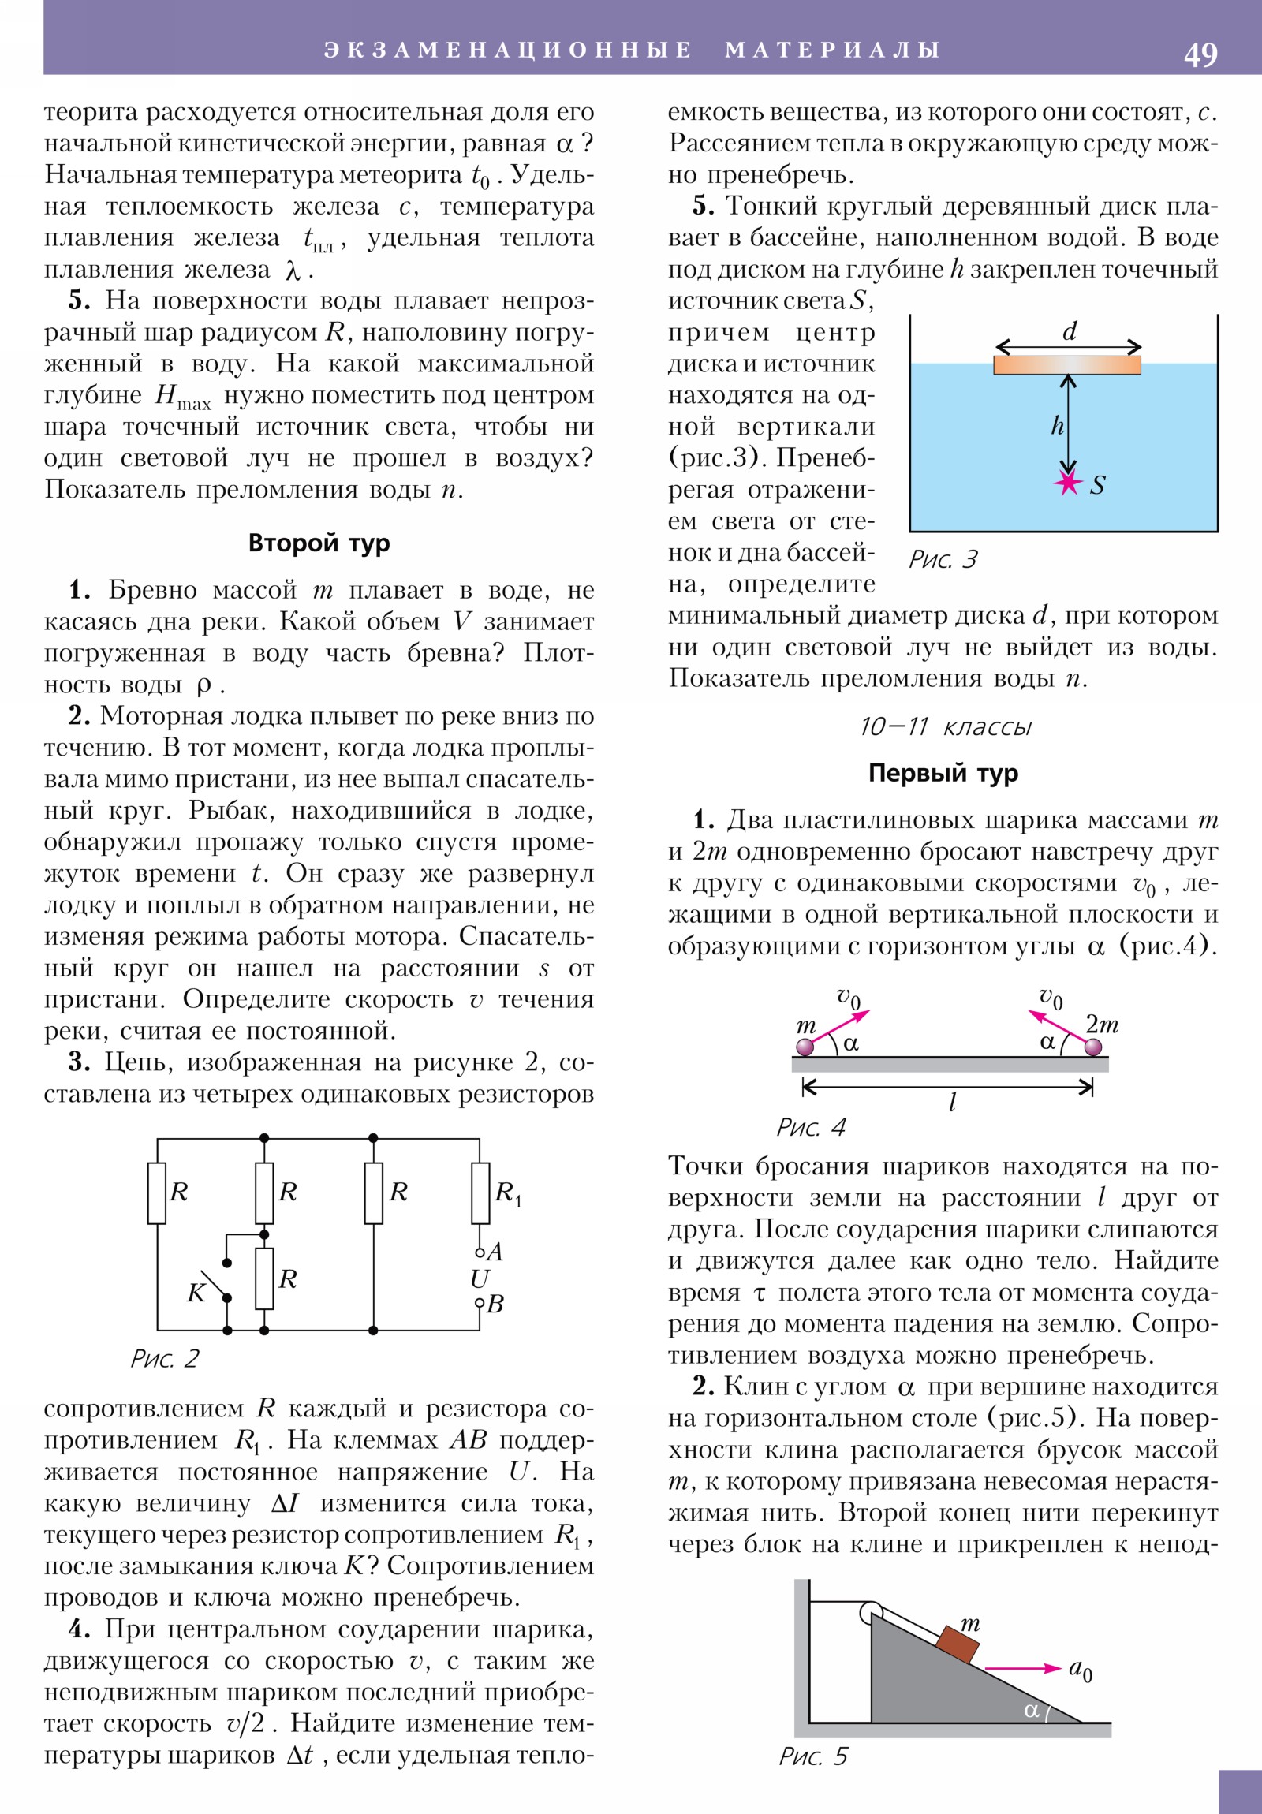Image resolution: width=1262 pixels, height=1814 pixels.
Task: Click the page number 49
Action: coord(1200,54)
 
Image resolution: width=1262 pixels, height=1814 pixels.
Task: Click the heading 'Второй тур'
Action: coord(319,543)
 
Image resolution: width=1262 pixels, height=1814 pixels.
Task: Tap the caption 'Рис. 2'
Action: coord(164,1358)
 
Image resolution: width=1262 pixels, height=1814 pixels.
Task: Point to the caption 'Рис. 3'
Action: coord(943,559)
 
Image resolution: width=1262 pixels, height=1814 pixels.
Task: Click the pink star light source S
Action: coord(1069,482)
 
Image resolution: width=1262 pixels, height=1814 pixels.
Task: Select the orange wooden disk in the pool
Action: coord(1067,364)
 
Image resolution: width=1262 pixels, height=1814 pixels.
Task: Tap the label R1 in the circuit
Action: coord(507,1193)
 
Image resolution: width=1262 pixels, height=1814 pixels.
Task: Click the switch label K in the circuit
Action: coord(195,1293)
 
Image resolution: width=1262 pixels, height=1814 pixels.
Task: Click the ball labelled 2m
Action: coord(1093,1047)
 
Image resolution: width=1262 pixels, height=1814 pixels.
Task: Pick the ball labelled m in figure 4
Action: coord(805,1047)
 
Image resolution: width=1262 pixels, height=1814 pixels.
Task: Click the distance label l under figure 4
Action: coord(952,1101)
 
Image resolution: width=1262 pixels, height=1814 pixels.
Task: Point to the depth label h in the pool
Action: coord(1058,426)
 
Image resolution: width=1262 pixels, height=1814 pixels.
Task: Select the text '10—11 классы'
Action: coord(945,726)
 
